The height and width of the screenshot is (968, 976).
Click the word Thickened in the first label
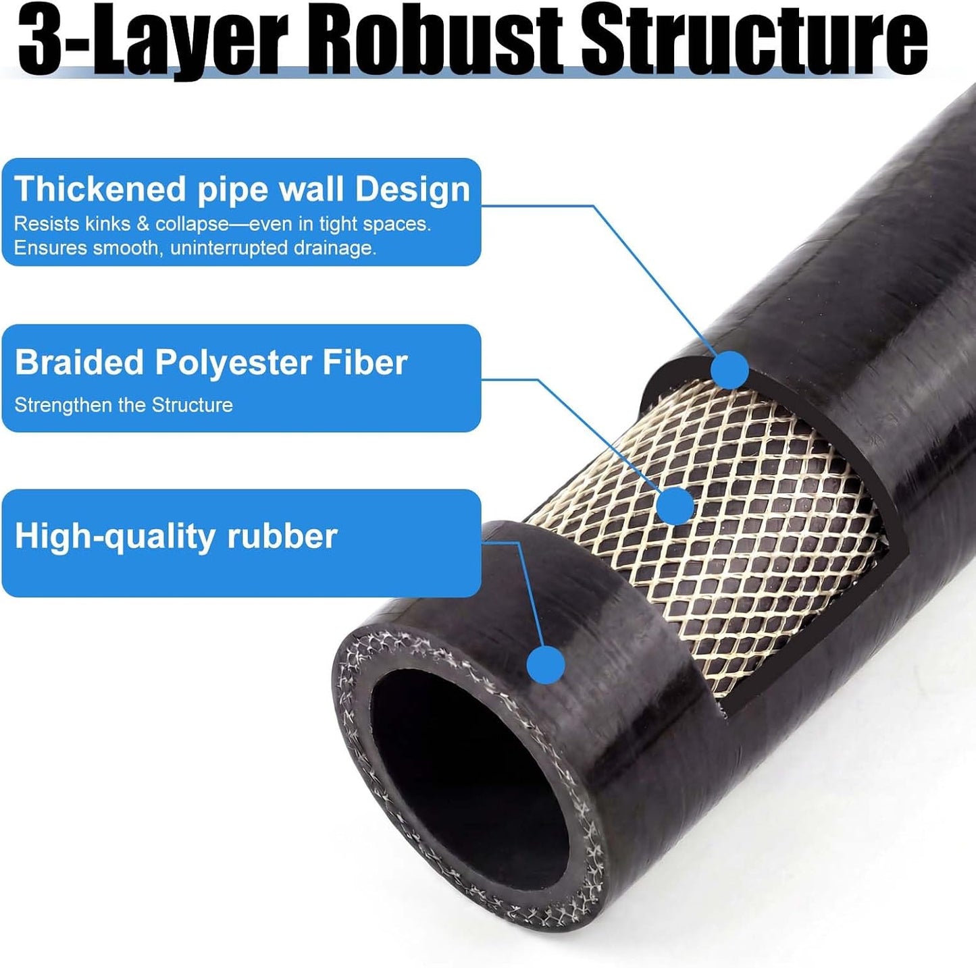click(101, 189)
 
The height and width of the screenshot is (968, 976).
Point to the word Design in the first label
click(412, 189)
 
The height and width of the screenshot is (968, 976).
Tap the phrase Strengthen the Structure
click(124, 405)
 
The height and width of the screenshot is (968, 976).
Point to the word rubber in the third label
click(282, 537)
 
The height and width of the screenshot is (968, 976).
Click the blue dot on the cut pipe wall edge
click(730, 370)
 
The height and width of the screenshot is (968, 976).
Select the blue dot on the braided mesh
click(675, 505)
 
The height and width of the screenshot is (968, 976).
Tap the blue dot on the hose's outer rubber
click(546, 665)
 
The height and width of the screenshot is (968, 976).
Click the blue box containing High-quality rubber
click(242, 543)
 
